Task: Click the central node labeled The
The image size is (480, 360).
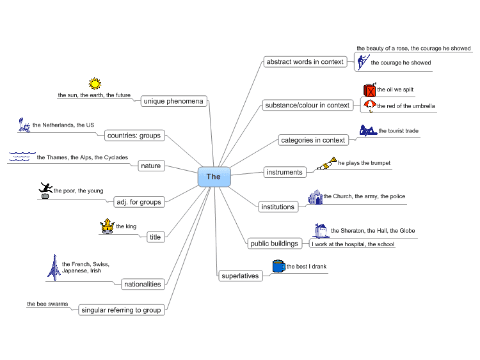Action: pos(214,176)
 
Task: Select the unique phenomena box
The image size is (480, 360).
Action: pos(173,101)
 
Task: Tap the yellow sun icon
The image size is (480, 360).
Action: pos(95,84)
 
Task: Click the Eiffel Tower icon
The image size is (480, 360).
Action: pos(54,267)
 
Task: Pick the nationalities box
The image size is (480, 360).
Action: pos(143,284)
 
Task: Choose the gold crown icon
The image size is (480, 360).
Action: pos(107,226)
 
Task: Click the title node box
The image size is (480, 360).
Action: pos(156,237)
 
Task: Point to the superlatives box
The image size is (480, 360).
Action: pos(240,276)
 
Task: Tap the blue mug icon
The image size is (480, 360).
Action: pos(278,266)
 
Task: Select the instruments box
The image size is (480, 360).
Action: pos(285,172)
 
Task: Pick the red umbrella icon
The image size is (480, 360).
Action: pos(369,106)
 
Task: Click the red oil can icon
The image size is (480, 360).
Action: pos(369,90)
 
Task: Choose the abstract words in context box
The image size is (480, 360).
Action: pos(305,62)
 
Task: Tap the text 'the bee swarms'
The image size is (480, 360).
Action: pos(47,304)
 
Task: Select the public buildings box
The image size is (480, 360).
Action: pos(274,243)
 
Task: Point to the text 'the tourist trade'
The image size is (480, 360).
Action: pos(398,131)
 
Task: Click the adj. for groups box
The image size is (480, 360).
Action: pos(138,201)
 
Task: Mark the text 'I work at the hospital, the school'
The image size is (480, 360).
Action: pos(353,244)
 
